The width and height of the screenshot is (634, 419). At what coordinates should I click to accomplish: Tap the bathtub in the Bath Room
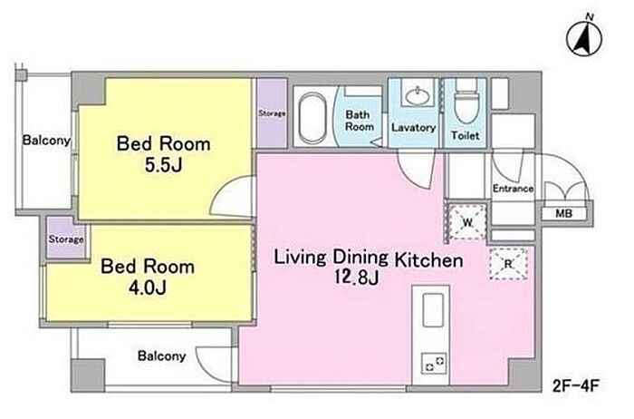coord(312,117)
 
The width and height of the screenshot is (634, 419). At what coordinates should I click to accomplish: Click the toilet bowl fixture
coord(466,103)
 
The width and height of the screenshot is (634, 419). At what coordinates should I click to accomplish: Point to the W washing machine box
coord(467,222)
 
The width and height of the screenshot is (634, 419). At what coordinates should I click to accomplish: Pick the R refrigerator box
coord(508,264)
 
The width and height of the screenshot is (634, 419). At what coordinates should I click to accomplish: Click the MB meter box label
coord(563,213)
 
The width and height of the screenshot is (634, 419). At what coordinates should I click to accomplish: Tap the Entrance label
coord(513,189)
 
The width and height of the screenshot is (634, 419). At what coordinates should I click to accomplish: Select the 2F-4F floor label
coord(575,385)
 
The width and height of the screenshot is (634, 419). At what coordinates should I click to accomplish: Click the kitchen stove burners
coord(434,363)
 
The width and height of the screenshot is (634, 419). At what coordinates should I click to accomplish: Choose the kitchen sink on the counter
coord(433,310)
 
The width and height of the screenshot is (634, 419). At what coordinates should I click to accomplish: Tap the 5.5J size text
coord(163,165)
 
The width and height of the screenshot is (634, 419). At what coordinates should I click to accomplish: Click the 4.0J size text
coord(147,287)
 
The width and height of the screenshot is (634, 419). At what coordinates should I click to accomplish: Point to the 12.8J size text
coord(356,278)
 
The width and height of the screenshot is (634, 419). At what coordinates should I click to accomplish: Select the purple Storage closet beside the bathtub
coord(272,113)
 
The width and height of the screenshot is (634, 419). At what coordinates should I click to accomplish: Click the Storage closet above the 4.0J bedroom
coord(66,239)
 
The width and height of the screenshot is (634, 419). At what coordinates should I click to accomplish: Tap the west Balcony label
coord(46,140)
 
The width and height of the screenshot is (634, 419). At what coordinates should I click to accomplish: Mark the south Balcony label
coord(162,356)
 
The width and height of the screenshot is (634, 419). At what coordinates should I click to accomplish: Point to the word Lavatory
coord(413,128)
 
